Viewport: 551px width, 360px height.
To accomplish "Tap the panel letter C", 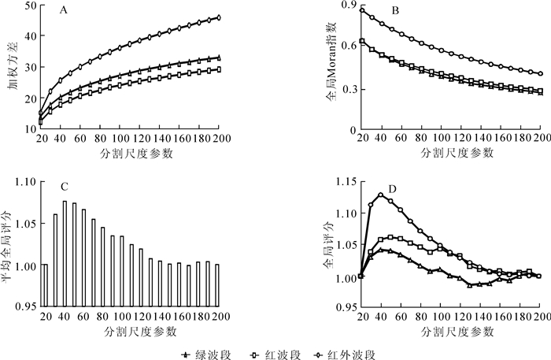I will coord(64,187).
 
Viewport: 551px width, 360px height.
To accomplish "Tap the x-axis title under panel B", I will coord(451,152).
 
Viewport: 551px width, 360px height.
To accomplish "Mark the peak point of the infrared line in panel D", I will coord(380,195).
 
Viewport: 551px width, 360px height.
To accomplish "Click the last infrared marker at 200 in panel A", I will coord(219,17).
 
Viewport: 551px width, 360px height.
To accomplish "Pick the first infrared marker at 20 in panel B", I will coord(361,10).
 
